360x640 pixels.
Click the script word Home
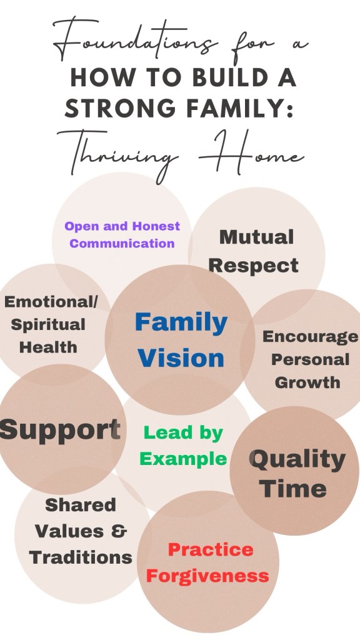pos(252,151)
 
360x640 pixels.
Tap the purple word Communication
pos(122,243)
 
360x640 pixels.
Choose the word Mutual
pos(256,237)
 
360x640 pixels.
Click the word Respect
pos(254,266)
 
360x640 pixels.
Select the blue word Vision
pos(181,358)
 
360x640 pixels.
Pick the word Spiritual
pos(48,325)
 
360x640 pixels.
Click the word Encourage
pos(310,337)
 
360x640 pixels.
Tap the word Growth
pos(307,382)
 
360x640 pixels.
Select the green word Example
pos(183,459)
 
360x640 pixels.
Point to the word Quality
pos(297,460)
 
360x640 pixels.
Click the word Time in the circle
pos(293,489)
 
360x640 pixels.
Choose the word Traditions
pos(81,557)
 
